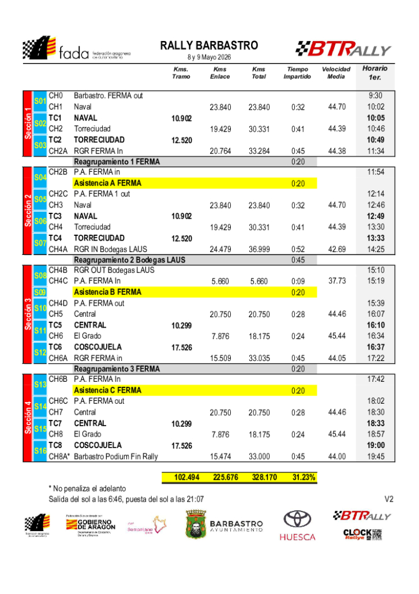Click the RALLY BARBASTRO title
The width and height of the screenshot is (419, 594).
pyautogui.click(x=209, y=46)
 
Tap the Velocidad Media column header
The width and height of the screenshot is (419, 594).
pyautogui.click(x=336, y=73)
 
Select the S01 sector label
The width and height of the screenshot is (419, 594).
pyautogui.click(x=40, y=101)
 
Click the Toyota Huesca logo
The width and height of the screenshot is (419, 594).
pyautogui.click(x=297, y=526)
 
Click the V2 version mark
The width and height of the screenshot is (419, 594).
pyautogui.click(x=389, y=499)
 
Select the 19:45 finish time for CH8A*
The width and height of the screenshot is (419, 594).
pyautogui.click(x=375, y=457)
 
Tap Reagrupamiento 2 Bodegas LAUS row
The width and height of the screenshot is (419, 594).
pyautogui.click(x=129, y=260)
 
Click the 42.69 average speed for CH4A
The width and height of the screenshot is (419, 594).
pyautogui.click(x=336, y=249)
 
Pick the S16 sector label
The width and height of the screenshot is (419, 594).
pyautogui.click(x=40, y=451)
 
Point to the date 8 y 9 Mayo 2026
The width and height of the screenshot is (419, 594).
pyautogui.click(x=209, y=58)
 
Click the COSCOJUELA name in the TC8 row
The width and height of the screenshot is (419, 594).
pyautogui.click(x=98, y=445)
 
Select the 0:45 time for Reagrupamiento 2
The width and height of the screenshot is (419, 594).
pyautogui.click(x=298, y=260)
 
